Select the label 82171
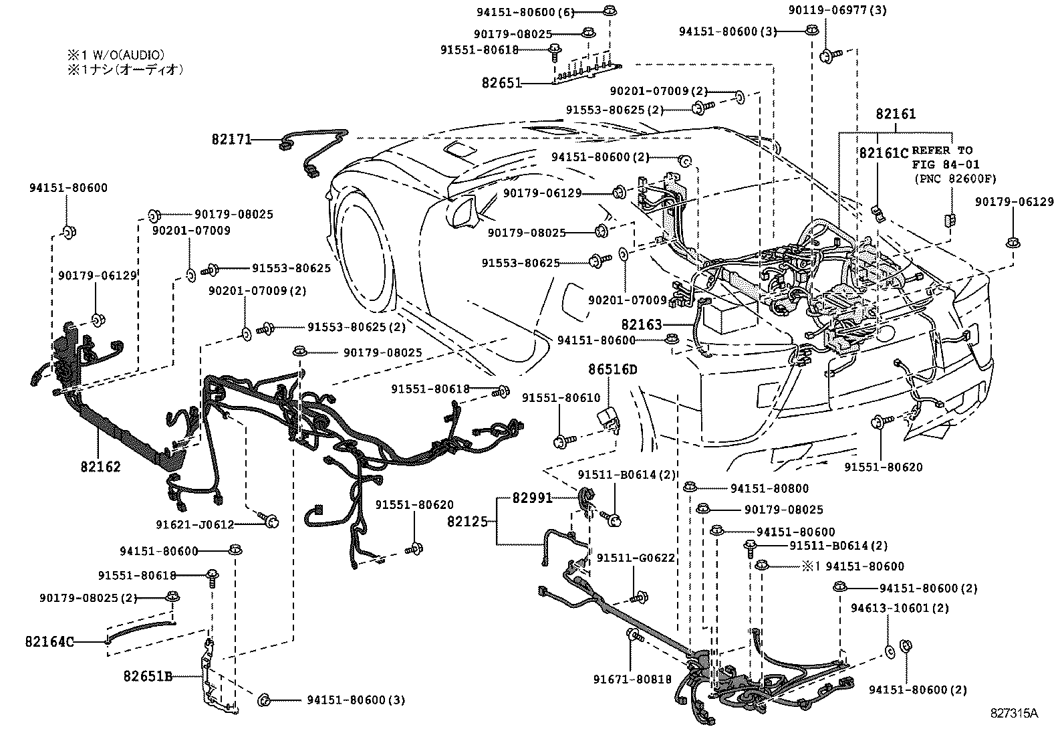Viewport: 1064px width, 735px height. pos(231,140)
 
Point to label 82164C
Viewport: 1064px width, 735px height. pos(49,642)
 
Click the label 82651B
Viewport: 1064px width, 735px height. pos(148,676)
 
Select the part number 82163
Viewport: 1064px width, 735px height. pos(641,325)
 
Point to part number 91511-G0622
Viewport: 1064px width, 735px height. pos(636,558)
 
